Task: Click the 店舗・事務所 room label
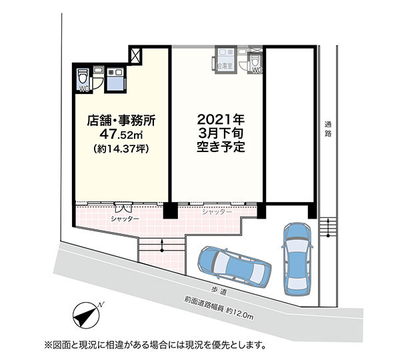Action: coord(121,121)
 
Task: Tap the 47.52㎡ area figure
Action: coord(121,134)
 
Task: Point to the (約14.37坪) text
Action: coord(121,149)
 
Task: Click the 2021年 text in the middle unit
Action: coord(221,119)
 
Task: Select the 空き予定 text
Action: coord(221,147)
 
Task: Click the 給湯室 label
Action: coord(225,66)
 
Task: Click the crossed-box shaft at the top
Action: coord(135,55)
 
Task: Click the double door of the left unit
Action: coord(123,207)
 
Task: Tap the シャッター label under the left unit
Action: coord(125,219)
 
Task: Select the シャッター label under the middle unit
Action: coord(217,212)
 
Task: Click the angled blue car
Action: coord(235,267)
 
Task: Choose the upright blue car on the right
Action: coord(297,259)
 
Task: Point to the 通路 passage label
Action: coord(328,129)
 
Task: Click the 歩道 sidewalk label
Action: coord(219,292)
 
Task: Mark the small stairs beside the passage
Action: coord(328,228)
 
